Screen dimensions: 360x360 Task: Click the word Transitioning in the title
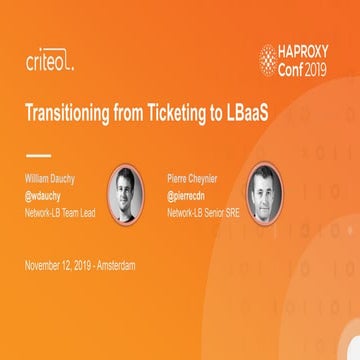71,112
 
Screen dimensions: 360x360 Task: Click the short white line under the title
37,155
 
